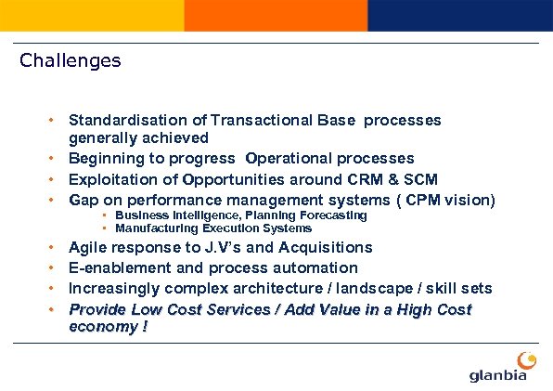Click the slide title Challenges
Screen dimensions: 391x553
[x=71, y=61]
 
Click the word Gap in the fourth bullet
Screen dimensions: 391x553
[x=84, y=200]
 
